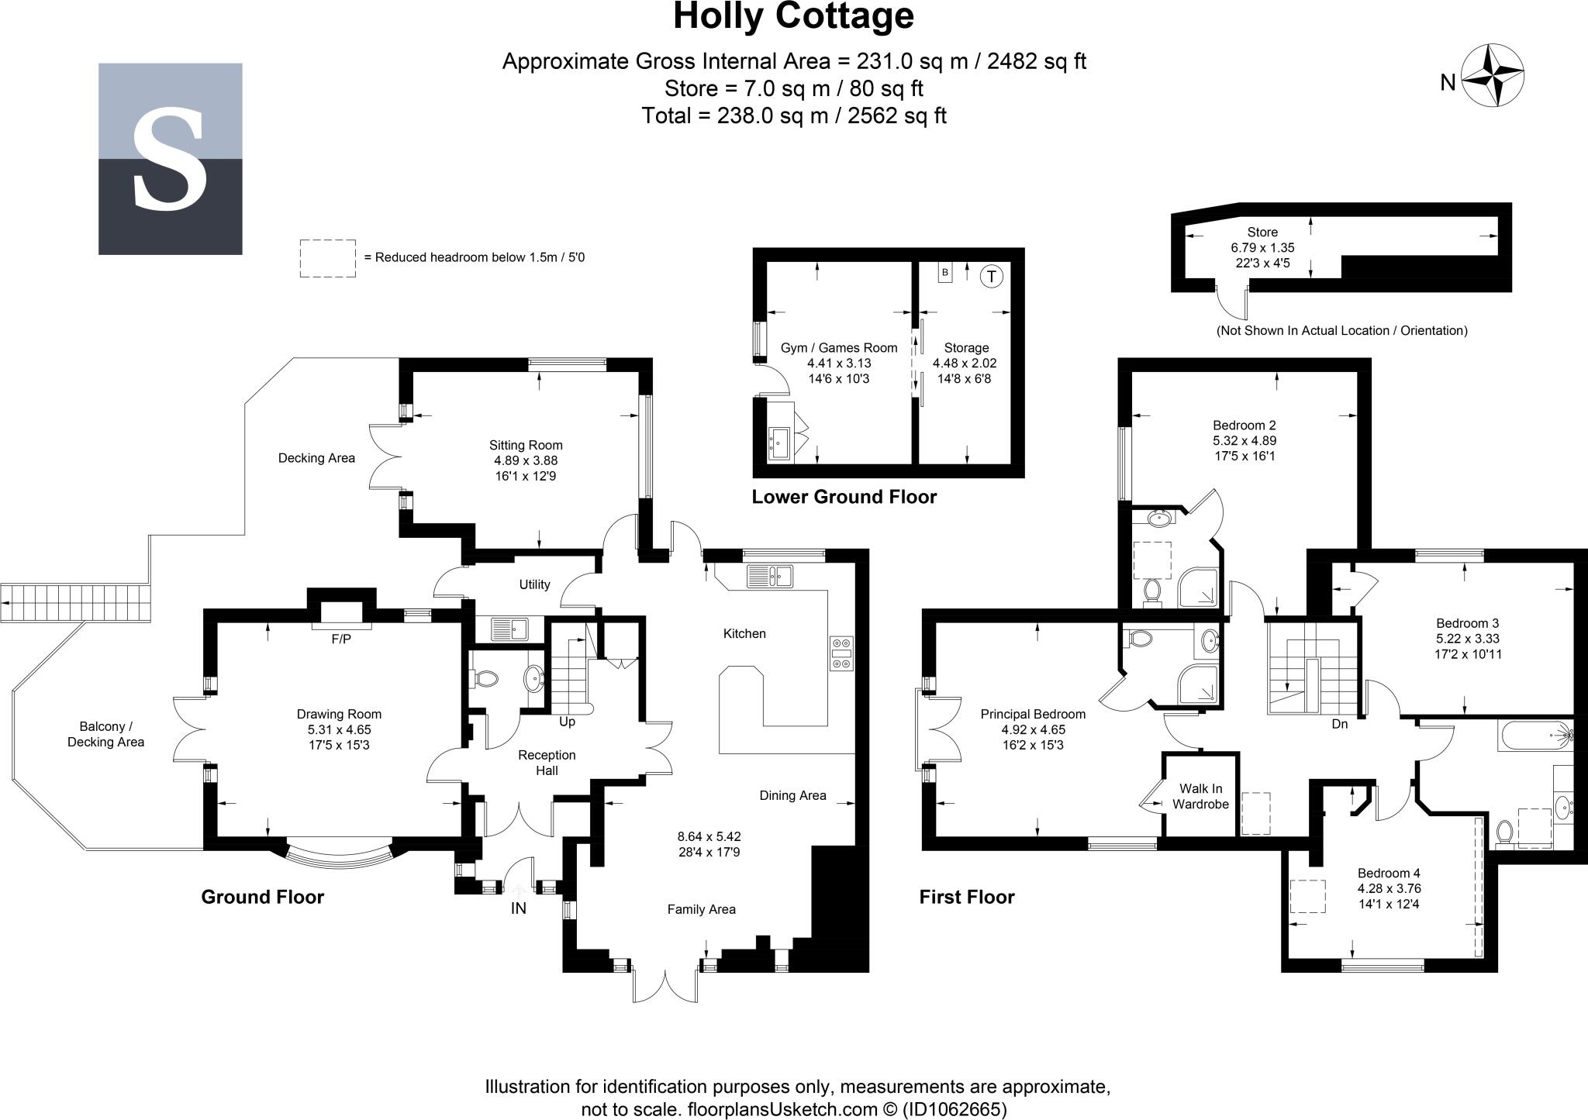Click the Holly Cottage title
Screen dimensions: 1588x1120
click(793, 17)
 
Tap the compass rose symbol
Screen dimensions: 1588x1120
click(1493, 76)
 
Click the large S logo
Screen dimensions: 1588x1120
click(170, 159)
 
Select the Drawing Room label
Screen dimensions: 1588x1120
click(339, 714)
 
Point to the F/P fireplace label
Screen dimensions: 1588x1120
click(341, 639)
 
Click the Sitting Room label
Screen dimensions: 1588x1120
click(526, 445)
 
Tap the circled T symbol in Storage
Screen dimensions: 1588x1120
click(991, 276)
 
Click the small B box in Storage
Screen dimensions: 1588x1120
click(945, 273)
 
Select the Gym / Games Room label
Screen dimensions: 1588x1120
click(839, 348)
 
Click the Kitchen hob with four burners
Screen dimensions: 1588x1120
click(841, 653)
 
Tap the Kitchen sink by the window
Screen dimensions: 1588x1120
click(769, 576)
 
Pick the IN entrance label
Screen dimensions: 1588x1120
click(518, 908)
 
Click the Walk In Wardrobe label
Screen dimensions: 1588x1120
click(1200, 796)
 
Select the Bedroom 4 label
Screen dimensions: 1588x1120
click(1389, 873)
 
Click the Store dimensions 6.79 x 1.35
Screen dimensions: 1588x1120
click(1262, 248)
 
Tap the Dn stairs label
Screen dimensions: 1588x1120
click(1340, 724)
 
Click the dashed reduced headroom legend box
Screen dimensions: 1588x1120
click(328, 258)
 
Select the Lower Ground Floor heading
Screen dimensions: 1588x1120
click(844, 497)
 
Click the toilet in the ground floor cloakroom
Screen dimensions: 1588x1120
click(485, 679)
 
